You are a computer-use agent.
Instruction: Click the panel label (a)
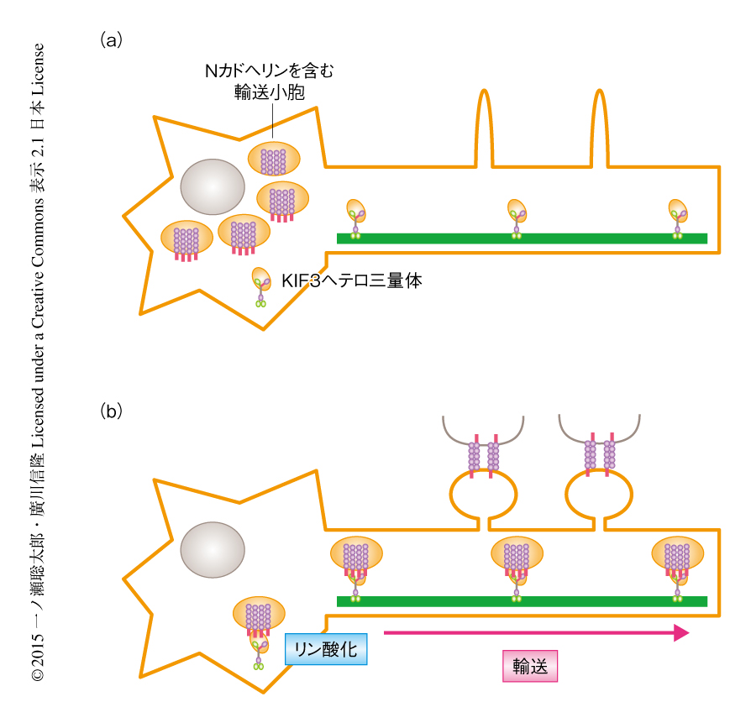(112, 39)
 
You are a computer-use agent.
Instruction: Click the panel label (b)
(112, 411)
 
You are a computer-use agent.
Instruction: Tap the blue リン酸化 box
(326, 649)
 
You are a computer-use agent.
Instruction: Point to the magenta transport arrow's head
(681, 633)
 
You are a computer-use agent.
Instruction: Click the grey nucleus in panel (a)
(213, 189)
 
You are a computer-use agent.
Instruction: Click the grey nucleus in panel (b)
(213, 550)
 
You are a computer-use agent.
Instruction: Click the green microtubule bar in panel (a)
(521, 238)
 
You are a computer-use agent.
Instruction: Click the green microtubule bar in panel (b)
(521, 601)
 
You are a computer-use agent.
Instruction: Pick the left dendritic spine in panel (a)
(485, 126)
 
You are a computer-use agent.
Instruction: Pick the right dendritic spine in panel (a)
(599, 126)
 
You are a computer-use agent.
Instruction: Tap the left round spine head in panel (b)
(482, 497)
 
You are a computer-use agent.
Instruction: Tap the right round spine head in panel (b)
(598, 497)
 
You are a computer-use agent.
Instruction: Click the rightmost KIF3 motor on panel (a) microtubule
(678, 217)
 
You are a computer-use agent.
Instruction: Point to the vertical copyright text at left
(38, 361)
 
